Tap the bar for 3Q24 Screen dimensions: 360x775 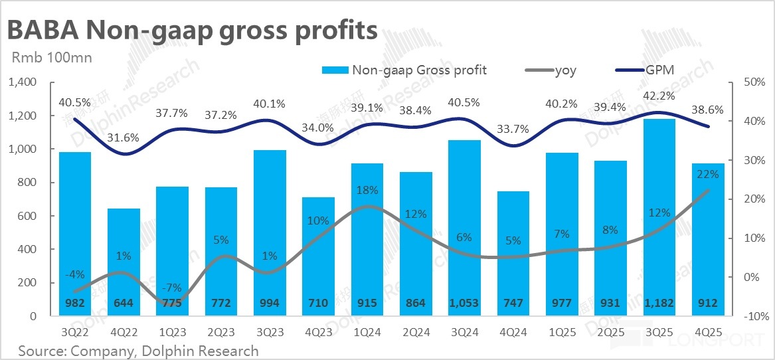pos(465,226)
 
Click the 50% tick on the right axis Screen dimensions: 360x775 pos(744,83)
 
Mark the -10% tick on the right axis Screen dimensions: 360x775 pos(744,317)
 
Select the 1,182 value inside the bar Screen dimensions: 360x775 pos(659,304)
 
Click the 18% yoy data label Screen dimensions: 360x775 pos(367,191)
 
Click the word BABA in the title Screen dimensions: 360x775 pos(41,31)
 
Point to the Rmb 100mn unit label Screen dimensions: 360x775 pos(52,57)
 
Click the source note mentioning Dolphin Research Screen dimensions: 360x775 pos(138,350)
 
